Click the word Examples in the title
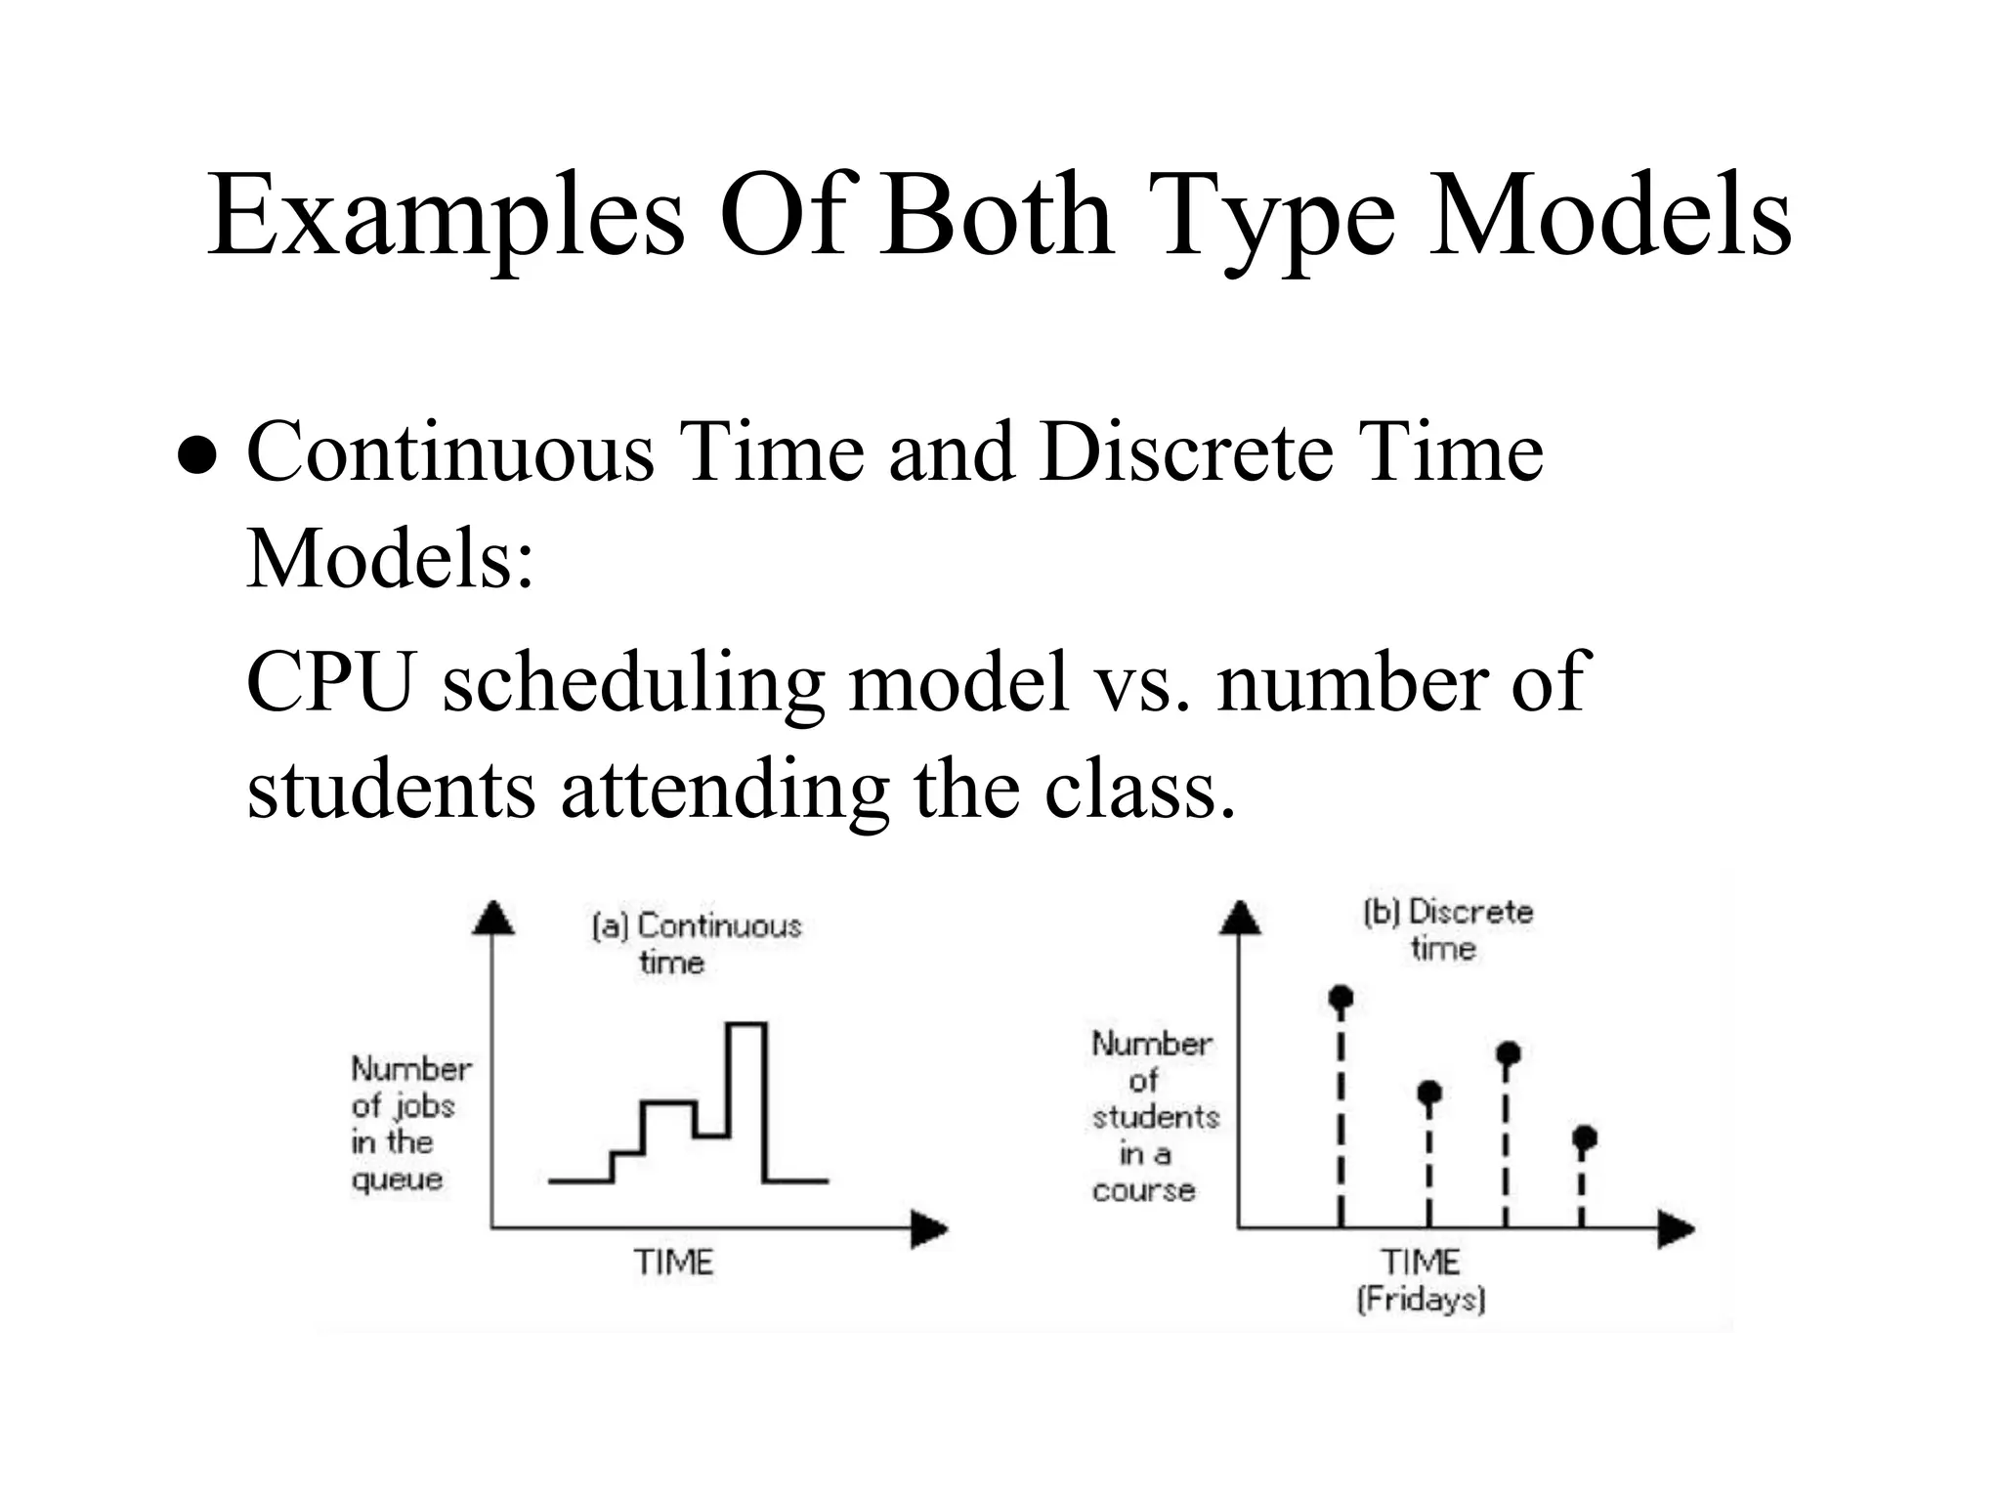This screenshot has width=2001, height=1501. [x=445, y=217]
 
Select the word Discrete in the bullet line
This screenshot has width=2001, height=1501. [x=1185, y=451]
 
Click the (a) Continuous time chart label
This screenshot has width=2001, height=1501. [x=696, y=943]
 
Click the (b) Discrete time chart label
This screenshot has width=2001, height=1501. [x=1447, y=929]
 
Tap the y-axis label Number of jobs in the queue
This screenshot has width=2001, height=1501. [x=410, y=1124]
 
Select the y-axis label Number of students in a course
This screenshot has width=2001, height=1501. [x=1154, y=1116]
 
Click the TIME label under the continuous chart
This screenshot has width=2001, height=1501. [x=673, y=1263]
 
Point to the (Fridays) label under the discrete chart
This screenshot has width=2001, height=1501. [x=1421, y=1300]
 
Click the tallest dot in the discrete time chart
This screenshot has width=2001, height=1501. [x=1341, y=998]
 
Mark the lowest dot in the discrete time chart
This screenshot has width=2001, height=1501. [x=1584, y=1137]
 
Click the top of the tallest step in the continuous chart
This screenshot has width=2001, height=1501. [x=746, y=1024]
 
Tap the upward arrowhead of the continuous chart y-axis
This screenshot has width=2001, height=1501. [x=493, y=919]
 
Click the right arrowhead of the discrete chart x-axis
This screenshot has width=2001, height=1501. [x=1675, y=1228]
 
